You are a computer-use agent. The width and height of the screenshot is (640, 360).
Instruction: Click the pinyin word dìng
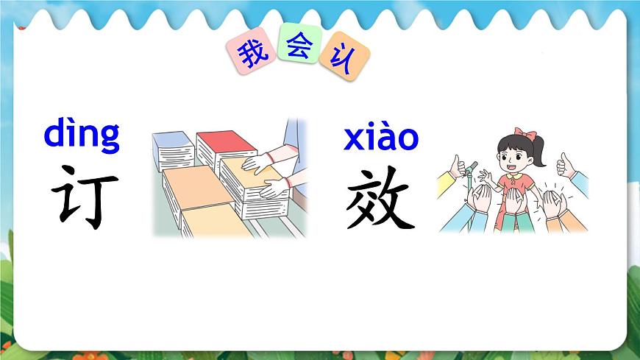(82, 135)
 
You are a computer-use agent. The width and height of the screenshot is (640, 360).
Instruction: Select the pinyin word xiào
(380, 138)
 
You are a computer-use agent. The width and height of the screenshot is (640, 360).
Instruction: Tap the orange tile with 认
(344, 57)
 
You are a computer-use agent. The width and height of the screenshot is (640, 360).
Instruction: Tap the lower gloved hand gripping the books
(274, 188)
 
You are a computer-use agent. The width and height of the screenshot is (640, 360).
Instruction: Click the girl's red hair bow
(524, 133)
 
